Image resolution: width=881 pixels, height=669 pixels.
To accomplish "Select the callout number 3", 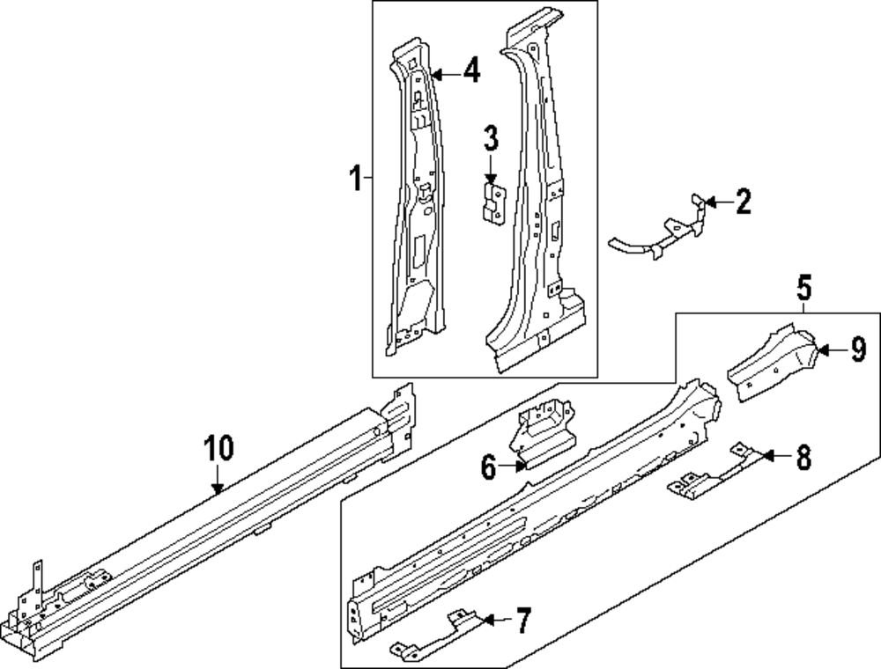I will (x=490, y=138).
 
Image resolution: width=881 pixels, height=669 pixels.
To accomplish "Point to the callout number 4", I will (x=472, y=71).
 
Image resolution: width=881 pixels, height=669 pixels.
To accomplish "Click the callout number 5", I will (x=804, y=287).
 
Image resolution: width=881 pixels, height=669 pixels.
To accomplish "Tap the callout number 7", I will (x=522, y=622).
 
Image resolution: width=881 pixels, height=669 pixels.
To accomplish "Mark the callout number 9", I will (x=858, y=350).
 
